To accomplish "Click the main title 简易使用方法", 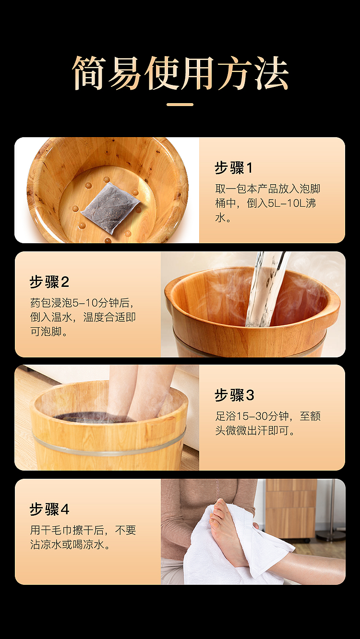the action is pos(180,73).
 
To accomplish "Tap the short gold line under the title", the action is pos(180,105).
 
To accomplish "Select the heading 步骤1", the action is pos(234,168).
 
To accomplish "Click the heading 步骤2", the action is pos(49,282).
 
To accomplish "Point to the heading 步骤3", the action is pos(234,395).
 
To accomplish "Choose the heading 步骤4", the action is pos(49,509).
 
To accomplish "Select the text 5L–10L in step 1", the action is pos(287,203).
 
